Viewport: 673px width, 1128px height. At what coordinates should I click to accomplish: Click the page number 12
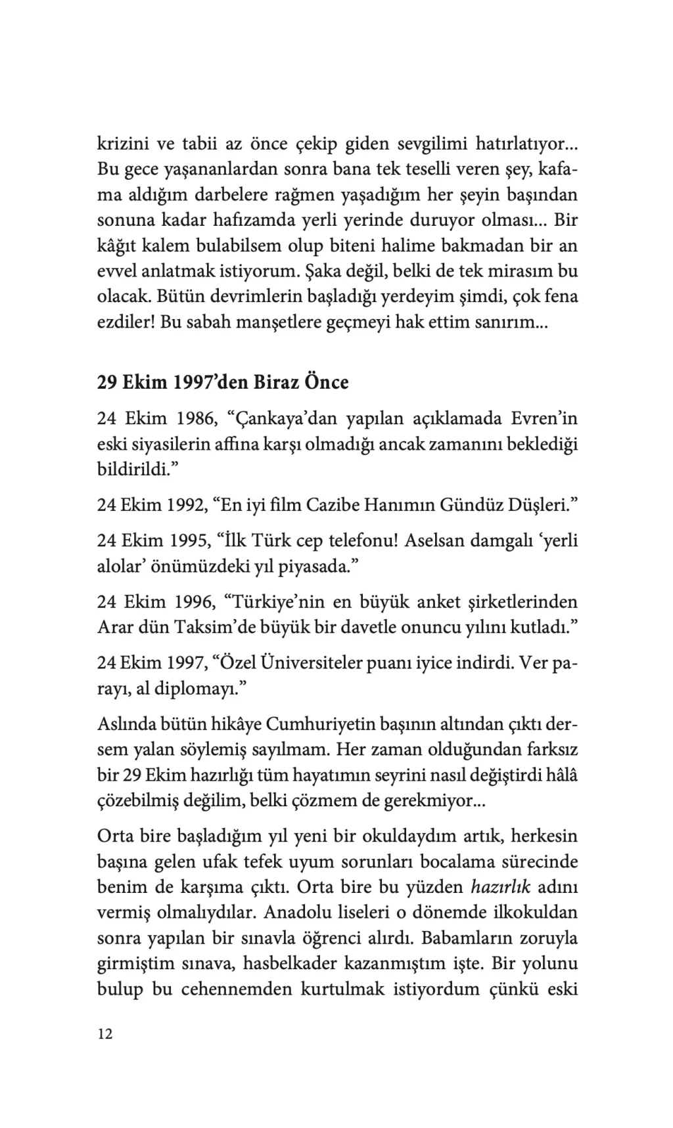(105, 1034)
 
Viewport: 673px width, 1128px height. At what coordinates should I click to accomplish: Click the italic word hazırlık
(500, 887)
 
